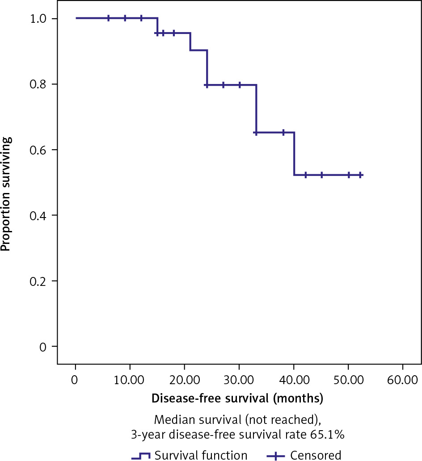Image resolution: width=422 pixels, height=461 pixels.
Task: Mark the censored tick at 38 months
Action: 283,132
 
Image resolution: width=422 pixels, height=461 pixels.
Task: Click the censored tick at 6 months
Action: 108,18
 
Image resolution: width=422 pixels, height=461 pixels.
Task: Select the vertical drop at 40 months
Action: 294,154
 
